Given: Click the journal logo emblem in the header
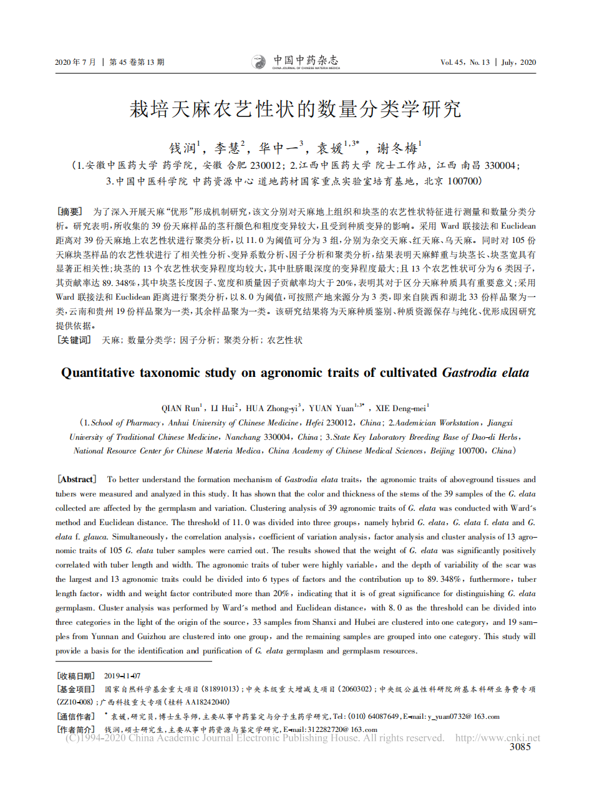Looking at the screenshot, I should [258, 62].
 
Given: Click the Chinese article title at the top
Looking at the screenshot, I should [295, 110].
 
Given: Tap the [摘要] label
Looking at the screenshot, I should [69, 211].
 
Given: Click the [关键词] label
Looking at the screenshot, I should [74, 340].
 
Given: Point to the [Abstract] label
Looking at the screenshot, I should [77, 479].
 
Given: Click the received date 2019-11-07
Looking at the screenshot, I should [122, 676].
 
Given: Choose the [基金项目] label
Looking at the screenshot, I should [75, 689].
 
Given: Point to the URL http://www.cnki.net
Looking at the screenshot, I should [498, 738].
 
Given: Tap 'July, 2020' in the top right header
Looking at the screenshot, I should [519, 62].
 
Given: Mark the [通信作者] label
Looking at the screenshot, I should [75, 716].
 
